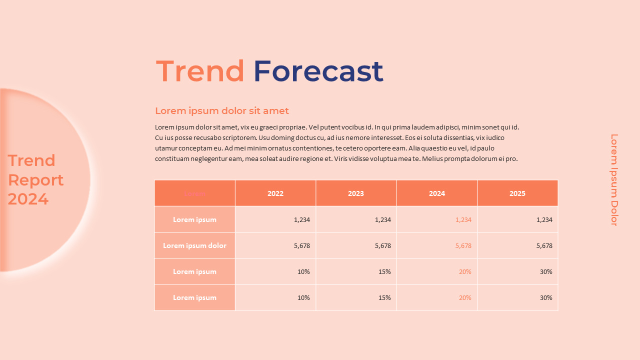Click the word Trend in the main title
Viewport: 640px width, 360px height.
click(x=200, y=71)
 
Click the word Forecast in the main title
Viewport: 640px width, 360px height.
click(x=318, y=71)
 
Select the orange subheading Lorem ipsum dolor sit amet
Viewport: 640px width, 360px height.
click(x=221, y=111)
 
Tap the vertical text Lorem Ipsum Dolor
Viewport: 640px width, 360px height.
click(x=614, y=180)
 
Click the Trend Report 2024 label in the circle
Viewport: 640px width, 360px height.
click(x=35, y=180)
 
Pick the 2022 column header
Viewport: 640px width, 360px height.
click(x=275, y=193)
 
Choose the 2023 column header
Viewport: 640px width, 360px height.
click(x=356, y=193)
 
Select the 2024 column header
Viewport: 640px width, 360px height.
click(x=436, y=193)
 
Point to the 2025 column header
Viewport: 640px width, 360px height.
click(x=517, y=193)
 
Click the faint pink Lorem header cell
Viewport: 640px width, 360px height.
click(x=194, y=193)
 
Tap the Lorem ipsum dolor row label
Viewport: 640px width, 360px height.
click(x=194, y=245)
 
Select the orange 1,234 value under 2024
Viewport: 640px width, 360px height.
click(x=463, y=219)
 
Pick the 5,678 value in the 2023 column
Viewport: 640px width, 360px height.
click(x=382, y=245)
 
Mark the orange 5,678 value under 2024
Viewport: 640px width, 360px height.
click(x=463, y=245)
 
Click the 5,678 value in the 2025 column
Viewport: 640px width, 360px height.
click(x=544, y=245)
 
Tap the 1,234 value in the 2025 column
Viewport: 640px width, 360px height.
click(x=544, y=219)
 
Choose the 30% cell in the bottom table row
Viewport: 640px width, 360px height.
click(x=546, y=297)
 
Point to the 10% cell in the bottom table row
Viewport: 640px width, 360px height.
click(x=303, y=297)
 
